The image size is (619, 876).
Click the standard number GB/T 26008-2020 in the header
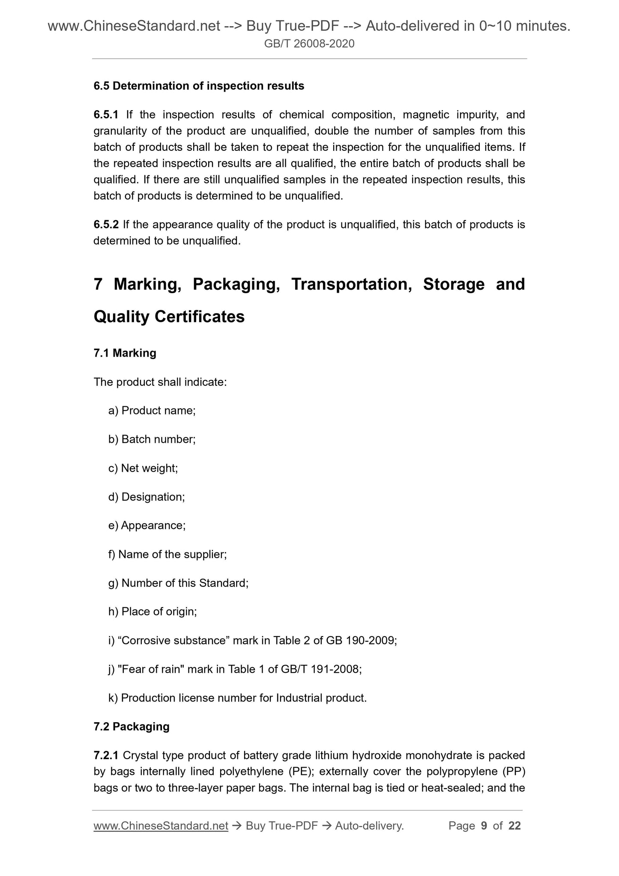pos(309,43)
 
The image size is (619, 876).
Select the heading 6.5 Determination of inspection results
pos(199,86)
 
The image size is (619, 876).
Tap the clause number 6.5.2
pos(106,225)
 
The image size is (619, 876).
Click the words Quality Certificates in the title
pos(169,317)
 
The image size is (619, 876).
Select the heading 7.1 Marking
pos(125,353)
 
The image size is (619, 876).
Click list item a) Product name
pos(152,411)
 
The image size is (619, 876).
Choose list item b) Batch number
pos(152,439)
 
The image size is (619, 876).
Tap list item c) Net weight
pos(143,468)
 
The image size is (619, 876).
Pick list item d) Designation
pos(147,497)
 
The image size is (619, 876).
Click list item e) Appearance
pos(147,525)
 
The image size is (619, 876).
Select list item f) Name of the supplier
pos(167,554)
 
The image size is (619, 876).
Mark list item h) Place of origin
pos(153,612)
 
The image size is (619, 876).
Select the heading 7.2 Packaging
pos(132,726)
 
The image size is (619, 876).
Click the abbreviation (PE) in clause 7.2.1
pos(297,771)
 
